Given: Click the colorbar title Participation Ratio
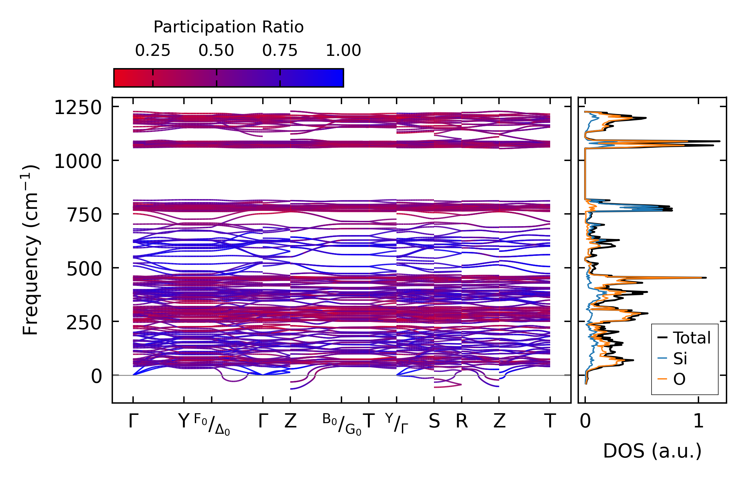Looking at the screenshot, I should coord(229,27).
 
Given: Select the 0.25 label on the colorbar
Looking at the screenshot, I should coord(153,51).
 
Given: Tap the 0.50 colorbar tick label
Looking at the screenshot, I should coord(216,51).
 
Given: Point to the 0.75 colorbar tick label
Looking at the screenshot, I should coord(280,51).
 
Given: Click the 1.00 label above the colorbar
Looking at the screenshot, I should coord(343,51).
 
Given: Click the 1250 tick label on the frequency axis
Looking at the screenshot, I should coord(78,108).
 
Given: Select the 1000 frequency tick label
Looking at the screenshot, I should coord(78,162).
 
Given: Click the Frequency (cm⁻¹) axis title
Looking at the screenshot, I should coord(30,250).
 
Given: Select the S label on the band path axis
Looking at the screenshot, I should coord(434,421).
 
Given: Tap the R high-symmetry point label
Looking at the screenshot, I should coord(462,421).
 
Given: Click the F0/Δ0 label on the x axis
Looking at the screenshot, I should coord(212,424).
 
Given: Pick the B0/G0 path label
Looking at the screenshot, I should coord(342,424).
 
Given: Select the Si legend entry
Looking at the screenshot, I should coord(680,358).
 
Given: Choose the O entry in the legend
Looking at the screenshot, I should coord(679,379).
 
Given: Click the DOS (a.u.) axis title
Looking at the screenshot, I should coord(652,451).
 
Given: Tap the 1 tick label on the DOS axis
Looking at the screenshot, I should coord(698,421).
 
